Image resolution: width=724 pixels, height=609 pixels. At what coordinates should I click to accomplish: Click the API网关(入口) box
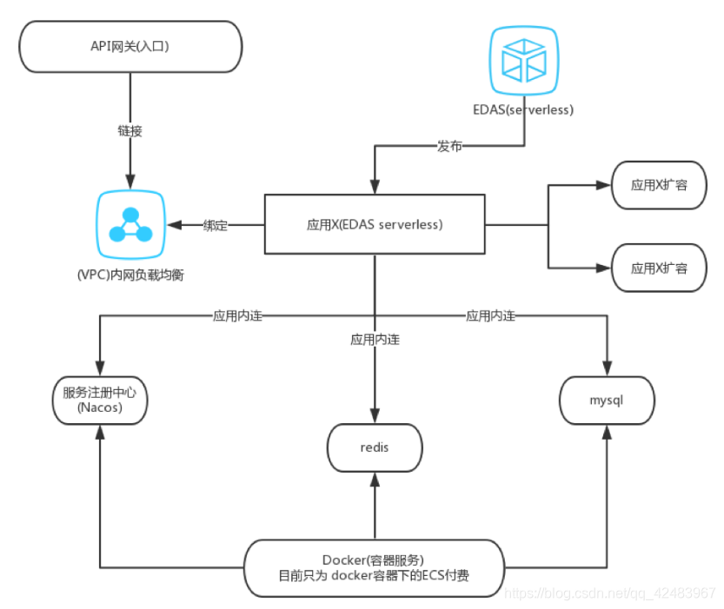[x=130, y=47]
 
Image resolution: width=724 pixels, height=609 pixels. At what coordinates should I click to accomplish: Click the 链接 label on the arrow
[x=130, y=132]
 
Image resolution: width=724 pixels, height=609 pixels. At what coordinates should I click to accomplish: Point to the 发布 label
[x=449, y=147]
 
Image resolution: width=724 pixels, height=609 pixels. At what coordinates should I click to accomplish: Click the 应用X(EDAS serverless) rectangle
[x=375, y=224]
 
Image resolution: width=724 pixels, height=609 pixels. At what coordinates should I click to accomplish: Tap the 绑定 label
[x=215, y=225]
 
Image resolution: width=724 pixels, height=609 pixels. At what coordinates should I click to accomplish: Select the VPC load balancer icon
[x=130, y=225]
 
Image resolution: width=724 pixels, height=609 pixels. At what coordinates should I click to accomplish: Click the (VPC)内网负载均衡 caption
[x=130, y=275]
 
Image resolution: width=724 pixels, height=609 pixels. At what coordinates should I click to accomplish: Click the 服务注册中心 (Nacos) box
[x=99, y=400]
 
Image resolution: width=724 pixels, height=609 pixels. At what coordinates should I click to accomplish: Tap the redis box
[x=374, y=447]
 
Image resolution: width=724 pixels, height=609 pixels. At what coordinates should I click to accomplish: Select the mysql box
[x=606, y=401]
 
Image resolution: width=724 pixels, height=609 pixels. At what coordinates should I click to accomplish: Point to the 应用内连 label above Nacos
[x=237, y=316]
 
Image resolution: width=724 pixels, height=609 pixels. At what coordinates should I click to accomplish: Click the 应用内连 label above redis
[x=375, y=340]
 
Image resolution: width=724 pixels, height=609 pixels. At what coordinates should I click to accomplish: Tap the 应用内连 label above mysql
[x=490, y=316]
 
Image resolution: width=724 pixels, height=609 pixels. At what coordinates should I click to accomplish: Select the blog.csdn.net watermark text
[x=609, y=592]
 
